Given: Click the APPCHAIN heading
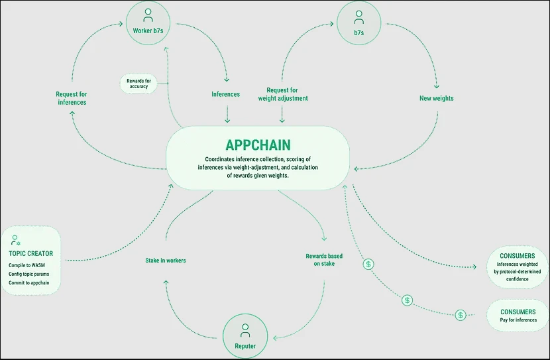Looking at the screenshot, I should [x=257, y=145].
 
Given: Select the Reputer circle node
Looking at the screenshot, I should [x=245, y=335].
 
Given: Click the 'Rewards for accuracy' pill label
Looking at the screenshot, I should [x=138, y=84].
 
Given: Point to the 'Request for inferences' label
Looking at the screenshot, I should [x=71, y=98].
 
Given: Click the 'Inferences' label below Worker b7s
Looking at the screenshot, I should [x=225, y=94].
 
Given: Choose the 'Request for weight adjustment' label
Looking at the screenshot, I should [x=282, y=94].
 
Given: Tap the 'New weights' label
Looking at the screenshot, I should [x=437, y=98].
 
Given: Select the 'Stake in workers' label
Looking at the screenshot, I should [x=166, y=261].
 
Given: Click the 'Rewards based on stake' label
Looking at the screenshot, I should [x=324, y=260].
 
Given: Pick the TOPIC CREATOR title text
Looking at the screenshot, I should [x=31, y=253].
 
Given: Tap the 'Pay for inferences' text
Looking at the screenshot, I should [x=518, y=321].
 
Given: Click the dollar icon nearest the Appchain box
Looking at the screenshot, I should [x=369, y=264].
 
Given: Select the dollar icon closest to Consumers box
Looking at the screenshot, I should [x=460, y=315].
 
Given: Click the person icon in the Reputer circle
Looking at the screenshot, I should [x=245, y=328].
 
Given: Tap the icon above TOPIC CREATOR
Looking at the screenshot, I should [x=15, y=240].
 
